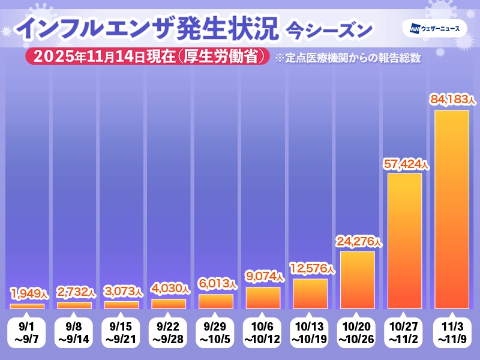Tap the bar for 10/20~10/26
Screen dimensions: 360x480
pos(357,280)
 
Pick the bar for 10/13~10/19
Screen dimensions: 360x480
pos(310,294)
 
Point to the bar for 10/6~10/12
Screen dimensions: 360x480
pos(263,298)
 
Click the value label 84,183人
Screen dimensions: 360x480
pos(451,100)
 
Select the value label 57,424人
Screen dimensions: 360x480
pos(404,163)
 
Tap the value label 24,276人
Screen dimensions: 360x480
pos(357,241)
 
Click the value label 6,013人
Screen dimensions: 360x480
pos(216,284)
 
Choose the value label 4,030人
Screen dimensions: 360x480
pos(169,289)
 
